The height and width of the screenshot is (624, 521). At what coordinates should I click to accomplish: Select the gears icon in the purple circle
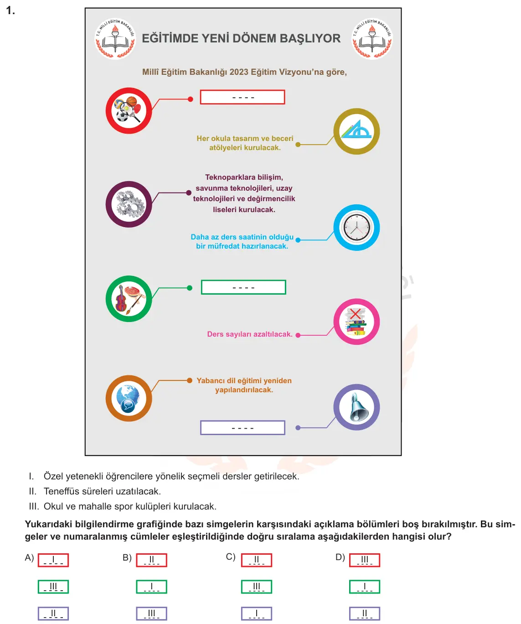coord(129,204)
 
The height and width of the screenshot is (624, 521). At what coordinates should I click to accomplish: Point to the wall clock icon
coord(356,228)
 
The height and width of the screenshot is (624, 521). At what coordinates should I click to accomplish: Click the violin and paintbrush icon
coord(129,299)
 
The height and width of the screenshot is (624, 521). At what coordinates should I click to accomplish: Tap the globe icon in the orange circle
coord(129,398)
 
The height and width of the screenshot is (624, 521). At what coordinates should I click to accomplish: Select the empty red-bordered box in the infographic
coord(242,97)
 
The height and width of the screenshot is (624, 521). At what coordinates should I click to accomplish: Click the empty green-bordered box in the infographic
coord(243,287)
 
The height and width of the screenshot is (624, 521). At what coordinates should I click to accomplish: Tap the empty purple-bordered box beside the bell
coord(242,428)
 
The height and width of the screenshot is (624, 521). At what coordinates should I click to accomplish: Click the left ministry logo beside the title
coord(115,39)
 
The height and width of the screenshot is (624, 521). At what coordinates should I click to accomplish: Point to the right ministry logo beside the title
coord(372,39)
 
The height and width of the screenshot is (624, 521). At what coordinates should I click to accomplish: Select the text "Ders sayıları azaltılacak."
coord(250,334)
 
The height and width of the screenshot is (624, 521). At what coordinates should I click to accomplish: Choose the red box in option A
coord(53,560)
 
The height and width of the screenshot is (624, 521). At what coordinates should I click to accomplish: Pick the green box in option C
coord(257,587)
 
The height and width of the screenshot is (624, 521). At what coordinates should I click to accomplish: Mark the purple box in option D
coord(365,614)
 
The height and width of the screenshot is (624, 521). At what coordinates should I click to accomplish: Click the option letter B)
coord(127,558)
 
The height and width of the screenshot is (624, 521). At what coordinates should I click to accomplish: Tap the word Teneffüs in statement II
coord(61,491)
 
